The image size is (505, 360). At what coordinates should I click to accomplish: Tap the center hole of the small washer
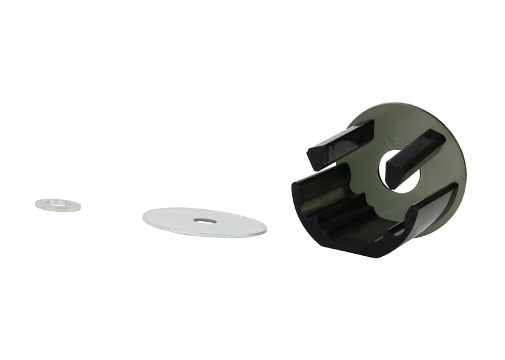pyautogui.click(x=58, y=204)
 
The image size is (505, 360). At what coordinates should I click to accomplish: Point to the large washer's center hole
pyautogui.click(x=204, y=221)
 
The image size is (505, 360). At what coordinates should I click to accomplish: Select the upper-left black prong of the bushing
pyautogui.click(x=342, y=139)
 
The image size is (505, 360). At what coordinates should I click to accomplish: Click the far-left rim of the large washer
pyautogui.click(x=145, y=217)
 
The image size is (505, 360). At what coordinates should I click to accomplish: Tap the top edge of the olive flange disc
pyautogui.click(x=408, y=105)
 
